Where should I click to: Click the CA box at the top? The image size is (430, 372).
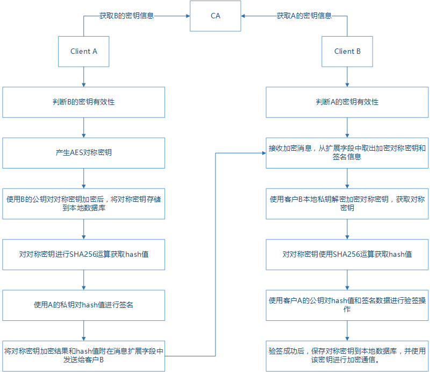(215, 16)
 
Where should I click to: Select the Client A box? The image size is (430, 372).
(84, 52)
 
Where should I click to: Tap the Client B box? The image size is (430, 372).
(347, 52)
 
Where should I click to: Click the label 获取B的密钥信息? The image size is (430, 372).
(127, 16)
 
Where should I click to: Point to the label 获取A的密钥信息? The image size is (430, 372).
(304, 16)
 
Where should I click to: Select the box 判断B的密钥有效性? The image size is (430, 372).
(84, 102)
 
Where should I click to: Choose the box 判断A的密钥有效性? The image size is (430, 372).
(347, 102)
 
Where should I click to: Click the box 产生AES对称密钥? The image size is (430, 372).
(84, 153)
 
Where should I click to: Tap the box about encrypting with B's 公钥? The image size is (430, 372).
(84, 203)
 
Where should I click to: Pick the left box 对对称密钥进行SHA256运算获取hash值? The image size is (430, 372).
(84, 254)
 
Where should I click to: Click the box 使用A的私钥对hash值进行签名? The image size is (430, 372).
(84, 305)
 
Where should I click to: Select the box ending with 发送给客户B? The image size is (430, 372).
(84, 355)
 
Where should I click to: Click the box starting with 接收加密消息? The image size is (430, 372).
(347, 153)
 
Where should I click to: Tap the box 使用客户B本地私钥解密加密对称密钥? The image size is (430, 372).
(347, 203)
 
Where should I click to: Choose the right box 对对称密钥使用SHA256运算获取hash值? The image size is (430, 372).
(347, 254)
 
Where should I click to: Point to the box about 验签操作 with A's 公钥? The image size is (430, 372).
(347, 305)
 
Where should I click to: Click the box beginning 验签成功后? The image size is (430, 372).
(347, 355)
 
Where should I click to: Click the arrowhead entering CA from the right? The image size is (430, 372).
(243, 16)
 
